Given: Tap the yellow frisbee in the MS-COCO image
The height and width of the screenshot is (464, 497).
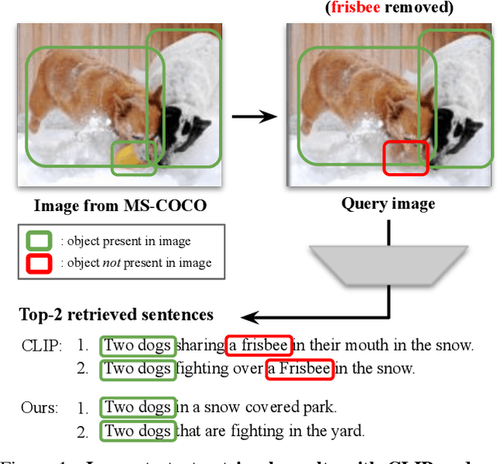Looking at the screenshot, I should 128,157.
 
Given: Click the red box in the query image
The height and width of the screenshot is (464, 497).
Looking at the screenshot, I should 405,158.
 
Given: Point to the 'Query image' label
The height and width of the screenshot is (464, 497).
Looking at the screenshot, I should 388,204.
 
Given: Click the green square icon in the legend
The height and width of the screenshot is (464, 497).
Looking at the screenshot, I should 40,241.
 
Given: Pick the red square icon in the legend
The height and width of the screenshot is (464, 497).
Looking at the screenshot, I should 40,264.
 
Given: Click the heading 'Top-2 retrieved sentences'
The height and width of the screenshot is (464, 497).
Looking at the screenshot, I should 116,315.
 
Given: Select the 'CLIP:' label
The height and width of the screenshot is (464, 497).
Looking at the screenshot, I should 40,345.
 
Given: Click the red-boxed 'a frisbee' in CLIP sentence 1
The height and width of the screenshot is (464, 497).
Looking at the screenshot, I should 259,345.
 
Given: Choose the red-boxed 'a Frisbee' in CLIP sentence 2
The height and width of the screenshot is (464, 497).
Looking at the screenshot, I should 299,369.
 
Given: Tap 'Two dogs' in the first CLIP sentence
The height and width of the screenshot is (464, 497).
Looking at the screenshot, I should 137,345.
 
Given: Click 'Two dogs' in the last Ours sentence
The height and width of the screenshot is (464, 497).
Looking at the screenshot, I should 137,430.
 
